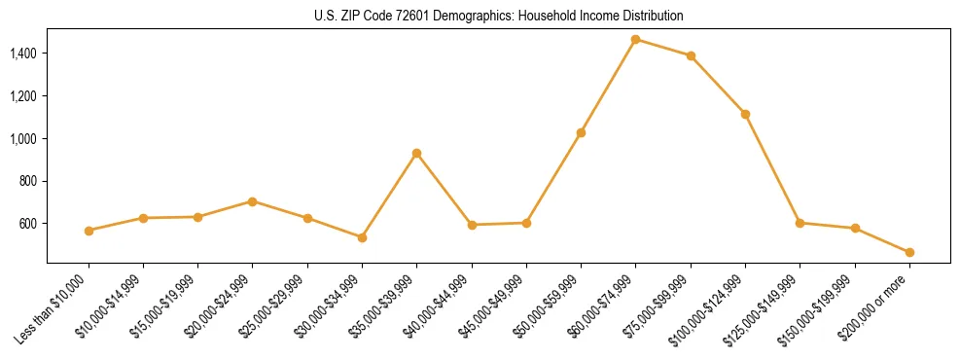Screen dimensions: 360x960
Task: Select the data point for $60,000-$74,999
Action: [x=635, y=40]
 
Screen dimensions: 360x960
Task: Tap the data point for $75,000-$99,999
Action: [x=691, y=56]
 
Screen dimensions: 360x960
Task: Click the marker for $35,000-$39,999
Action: [x=416, y=153]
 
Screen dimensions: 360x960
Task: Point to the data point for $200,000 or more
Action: [x=909, y=252]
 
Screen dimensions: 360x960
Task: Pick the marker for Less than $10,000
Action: [x=89, y=231]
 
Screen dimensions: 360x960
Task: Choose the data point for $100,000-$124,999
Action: [x=745, y=114]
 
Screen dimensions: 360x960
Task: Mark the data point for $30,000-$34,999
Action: [x=362, y=237]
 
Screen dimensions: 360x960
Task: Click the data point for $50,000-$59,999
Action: [x=581, y=132]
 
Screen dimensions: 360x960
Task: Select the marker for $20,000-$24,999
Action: [x=252, y=201]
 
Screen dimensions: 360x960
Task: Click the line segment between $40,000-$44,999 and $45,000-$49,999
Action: [x=499, y=224]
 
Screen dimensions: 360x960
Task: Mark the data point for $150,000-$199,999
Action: [x=855, y=229]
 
